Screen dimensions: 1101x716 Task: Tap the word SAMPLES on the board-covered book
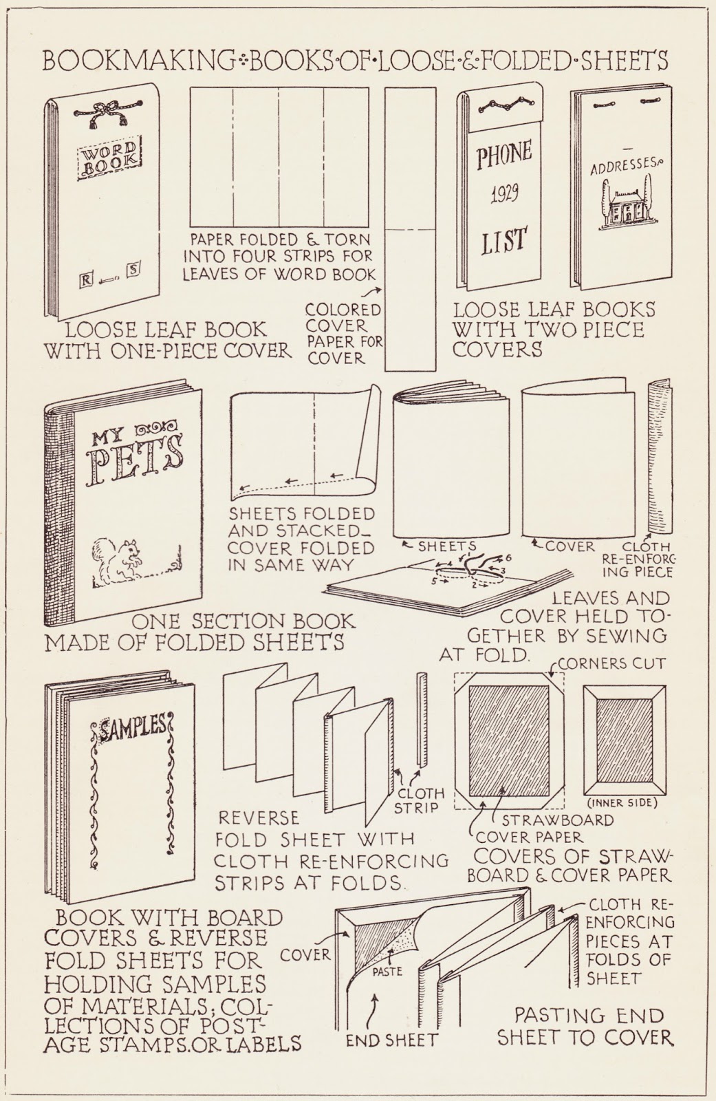pos(132,725)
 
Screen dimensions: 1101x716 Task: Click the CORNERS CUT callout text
pos(611,663)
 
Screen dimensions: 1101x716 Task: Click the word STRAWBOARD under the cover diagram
pos(557,820)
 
